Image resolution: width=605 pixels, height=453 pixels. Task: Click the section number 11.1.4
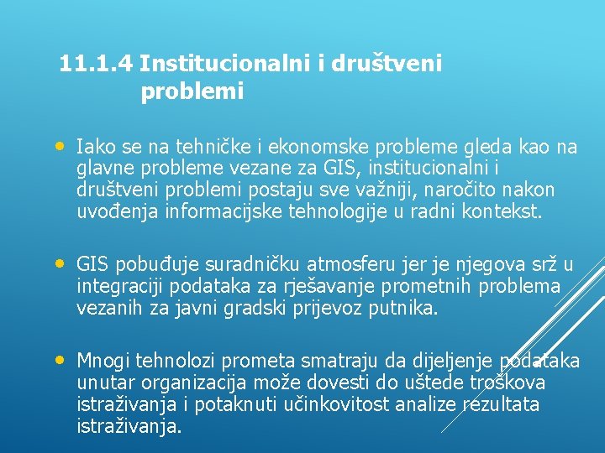coord(97,63)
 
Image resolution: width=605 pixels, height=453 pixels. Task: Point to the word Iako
coord(92,148)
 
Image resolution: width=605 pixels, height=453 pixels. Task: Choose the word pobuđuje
coord(157,265)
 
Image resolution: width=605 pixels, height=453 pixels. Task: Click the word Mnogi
coord(102,362)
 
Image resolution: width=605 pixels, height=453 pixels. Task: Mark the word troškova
coord(510,383)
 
